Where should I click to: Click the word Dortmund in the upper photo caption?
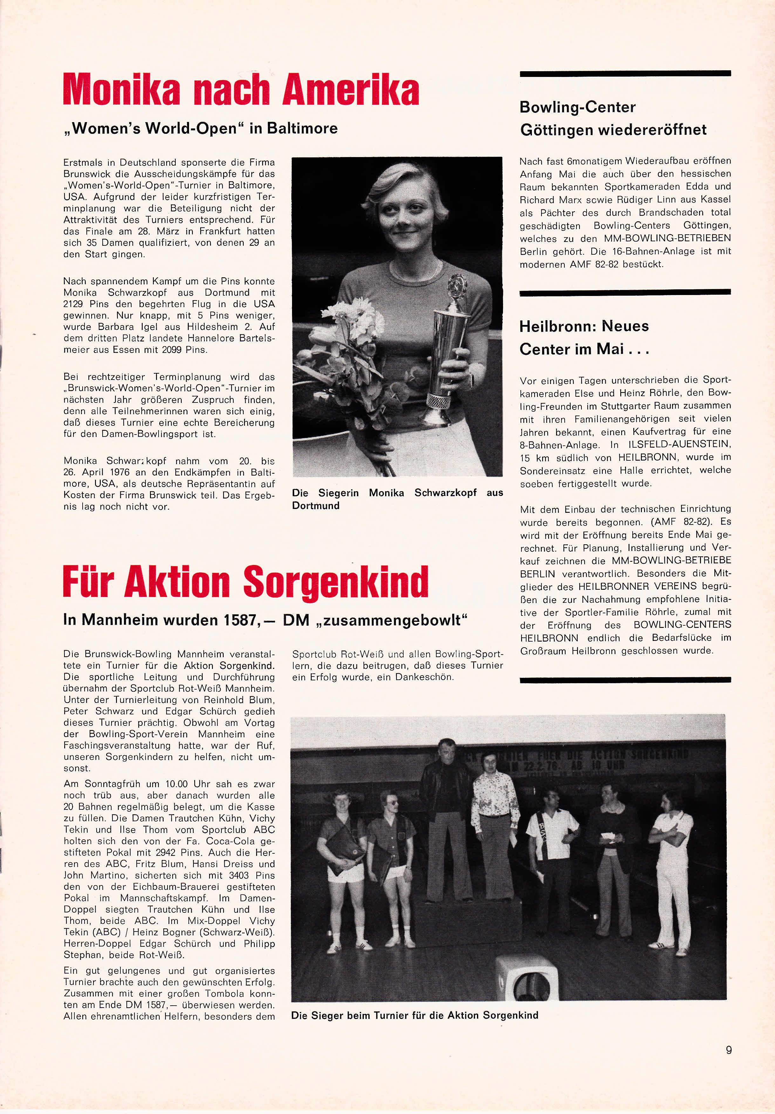[x=316, y=505]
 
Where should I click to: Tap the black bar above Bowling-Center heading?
[x=625, y=73]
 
